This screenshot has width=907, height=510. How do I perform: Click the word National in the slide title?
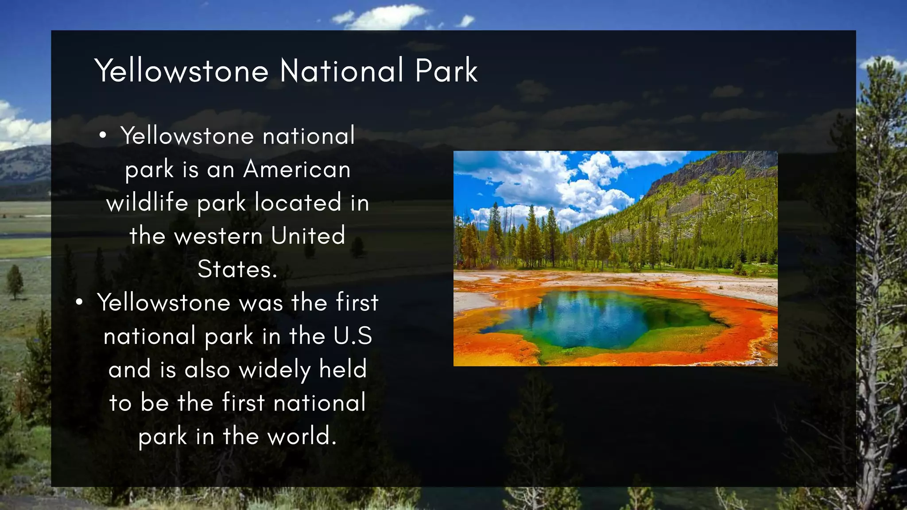coord(341,70)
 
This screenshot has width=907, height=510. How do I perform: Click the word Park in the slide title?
coord(446,70)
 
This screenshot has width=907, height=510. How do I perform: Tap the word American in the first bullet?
coord(297,170)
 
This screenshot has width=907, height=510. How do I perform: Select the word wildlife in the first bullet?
coord(147,203)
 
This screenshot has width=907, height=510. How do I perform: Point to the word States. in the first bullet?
coord(237,270)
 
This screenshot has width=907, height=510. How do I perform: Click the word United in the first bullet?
coord(308,236)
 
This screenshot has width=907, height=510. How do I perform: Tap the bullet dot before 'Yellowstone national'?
coord(103,136)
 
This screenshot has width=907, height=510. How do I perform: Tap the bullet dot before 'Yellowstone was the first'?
coord(79,303)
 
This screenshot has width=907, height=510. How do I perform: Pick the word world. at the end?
coord(302,437)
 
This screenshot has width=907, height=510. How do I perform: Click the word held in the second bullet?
coord(343,370)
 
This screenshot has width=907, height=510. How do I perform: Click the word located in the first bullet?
coord(298,203)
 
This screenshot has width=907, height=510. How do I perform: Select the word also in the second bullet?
coord(207,370)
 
